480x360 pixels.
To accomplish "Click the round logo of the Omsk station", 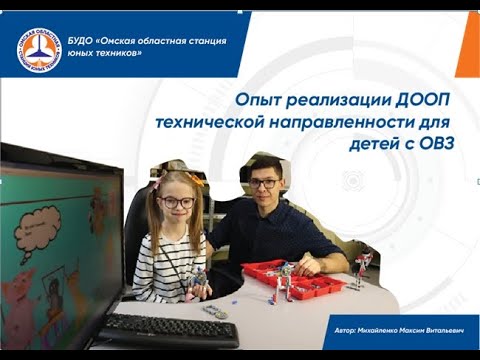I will click(38, 50).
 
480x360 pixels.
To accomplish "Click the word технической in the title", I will click(219, 122).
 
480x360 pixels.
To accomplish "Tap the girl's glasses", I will click(176, 202).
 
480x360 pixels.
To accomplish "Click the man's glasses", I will click(264, 184).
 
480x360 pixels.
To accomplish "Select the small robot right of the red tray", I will click(363, 267).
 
